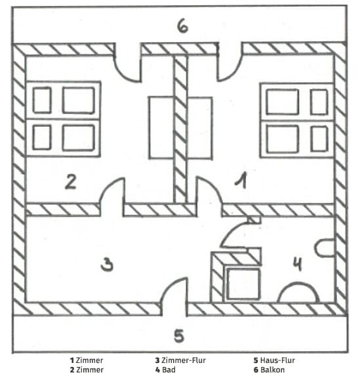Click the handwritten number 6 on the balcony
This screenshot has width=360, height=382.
click(182, 26)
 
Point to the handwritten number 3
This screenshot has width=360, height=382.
click(107, 265)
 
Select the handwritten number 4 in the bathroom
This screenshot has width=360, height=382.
click(298, 264)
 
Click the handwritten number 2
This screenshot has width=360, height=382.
click(71, 182)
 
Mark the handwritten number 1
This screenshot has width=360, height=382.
click(241, 180)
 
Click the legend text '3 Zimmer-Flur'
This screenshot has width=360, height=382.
click(180, 360)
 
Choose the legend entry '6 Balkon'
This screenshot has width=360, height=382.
click(269, 370)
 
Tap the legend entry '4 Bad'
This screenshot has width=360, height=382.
click(165, 370)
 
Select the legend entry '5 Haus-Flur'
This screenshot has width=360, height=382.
click(274, 360)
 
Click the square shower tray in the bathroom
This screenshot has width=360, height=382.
click(243, 284)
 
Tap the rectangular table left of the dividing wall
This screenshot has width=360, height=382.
click(161, 128)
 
